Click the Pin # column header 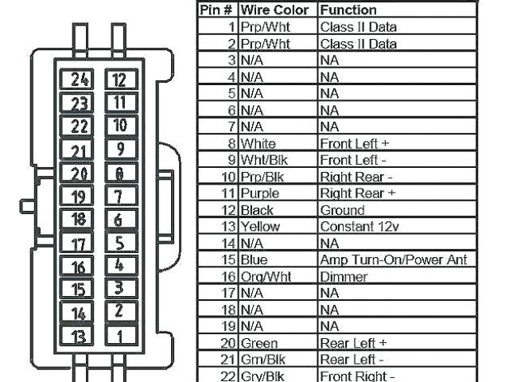click(217, 10)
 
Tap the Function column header click(348, 10)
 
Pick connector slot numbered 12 click(119, 79)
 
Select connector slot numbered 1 click(119, 336)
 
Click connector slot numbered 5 click(119, 243)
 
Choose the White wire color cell click(258, 144)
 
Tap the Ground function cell click(342, 210)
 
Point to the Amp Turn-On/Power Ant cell click(393, 260)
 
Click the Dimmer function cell click(344, 277)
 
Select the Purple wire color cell click(259, 193)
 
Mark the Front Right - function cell click(358, 376)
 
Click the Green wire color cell click(259, 343)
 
